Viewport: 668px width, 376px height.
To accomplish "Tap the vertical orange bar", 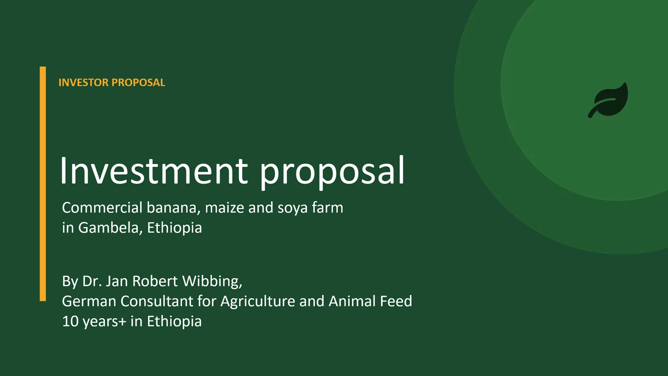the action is (43, 183).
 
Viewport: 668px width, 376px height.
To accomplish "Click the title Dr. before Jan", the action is (92, 281).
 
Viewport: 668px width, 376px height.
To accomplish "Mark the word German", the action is (89, 301).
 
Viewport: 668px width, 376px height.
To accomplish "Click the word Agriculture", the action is (258, 302).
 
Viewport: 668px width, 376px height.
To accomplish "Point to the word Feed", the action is (396, 301).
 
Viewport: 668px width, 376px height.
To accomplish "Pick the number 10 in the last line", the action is (70, 321).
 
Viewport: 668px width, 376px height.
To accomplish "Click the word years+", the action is (104, 322).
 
